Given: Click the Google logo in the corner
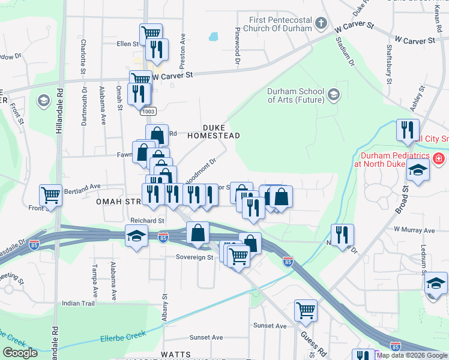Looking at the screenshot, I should (20, 353).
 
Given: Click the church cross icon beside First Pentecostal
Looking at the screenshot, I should (321, 24).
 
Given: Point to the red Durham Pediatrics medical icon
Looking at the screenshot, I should (439, 159).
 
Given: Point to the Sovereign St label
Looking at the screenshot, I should (194, 257).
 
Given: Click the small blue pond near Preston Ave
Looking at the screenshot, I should (213, 37).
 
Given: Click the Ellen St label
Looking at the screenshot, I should (127, 44).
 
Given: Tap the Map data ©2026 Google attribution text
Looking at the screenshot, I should (411, 355).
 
